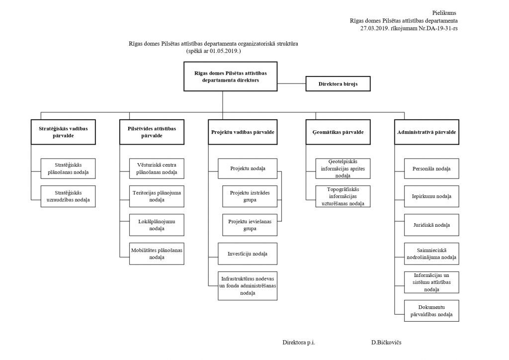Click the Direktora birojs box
pyautogui.click(x=338, y=84)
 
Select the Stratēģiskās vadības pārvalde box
pyautogui.click(x=63, y=132)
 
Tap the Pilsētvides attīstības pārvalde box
pyautogui.click(x=152, y=132)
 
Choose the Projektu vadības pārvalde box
pyautogui.click(x=243, y=132)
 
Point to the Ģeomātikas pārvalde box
pyautogui.click(x=338, y=132)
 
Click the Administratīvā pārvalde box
pyautogui.click(x=426, y=132)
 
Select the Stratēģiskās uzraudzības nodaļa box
pyautogui.click(x=68, y=196)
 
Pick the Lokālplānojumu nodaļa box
pyautogui.click(x=157, y=225)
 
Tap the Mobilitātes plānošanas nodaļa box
pyautogui.click(x=157, y=254)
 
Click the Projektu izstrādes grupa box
pyautogui.click(x=250, y=196)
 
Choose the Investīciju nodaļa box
pyautogui.click(x=248, y=254)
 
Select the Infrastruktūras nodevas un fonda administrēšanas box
pyautogui.click(x=248, y=286)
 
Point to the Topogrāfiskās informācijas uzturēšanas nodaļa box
pyautogui.click(x=343, y=196)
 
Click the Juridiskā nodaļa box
pyautogui.click(x=431, y=225)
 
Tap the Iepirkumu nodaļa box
pyautogui.click(x=431, y=196)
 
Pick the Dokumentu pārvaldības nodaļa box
pyautogui.click(x=431, y=311)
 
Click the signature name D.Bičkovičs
pyautogui.click(x=386, y=343)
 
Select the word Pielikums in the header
pyautogui.click(x=444, y=13)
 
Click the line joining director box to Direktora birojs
pyautogui.click(x=291, y=84)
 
